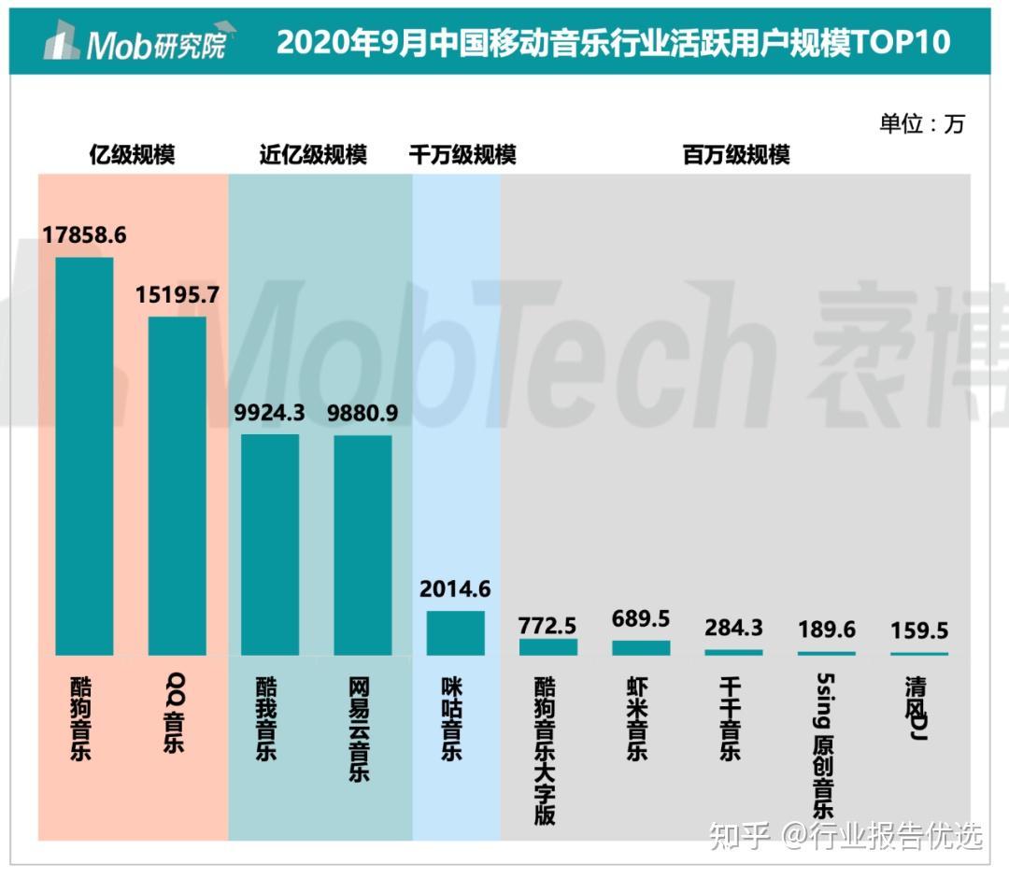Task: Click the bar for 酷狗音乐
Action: [84, 456]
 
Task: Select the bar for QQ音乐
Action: [177, 486]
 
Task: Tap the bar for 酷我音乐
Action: [270, 545]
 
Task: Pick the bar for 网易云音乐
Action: [362, 545]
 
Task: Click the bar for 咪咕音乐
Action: [455, 633]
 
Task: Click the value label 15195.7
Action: [177, 295]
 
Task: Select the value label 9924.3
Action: [270, 414]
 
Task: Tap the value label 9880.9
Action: [362, 414]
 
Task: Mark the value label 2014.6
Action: [455, 589]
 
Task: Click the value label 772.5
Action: [547, 625]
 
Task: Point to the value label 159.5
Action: [919, 630]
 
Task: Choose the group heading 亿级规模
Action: [132, 154]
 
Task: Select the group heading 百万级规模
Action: [736, 154]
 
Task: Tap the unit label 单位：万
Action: [921, 123]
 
